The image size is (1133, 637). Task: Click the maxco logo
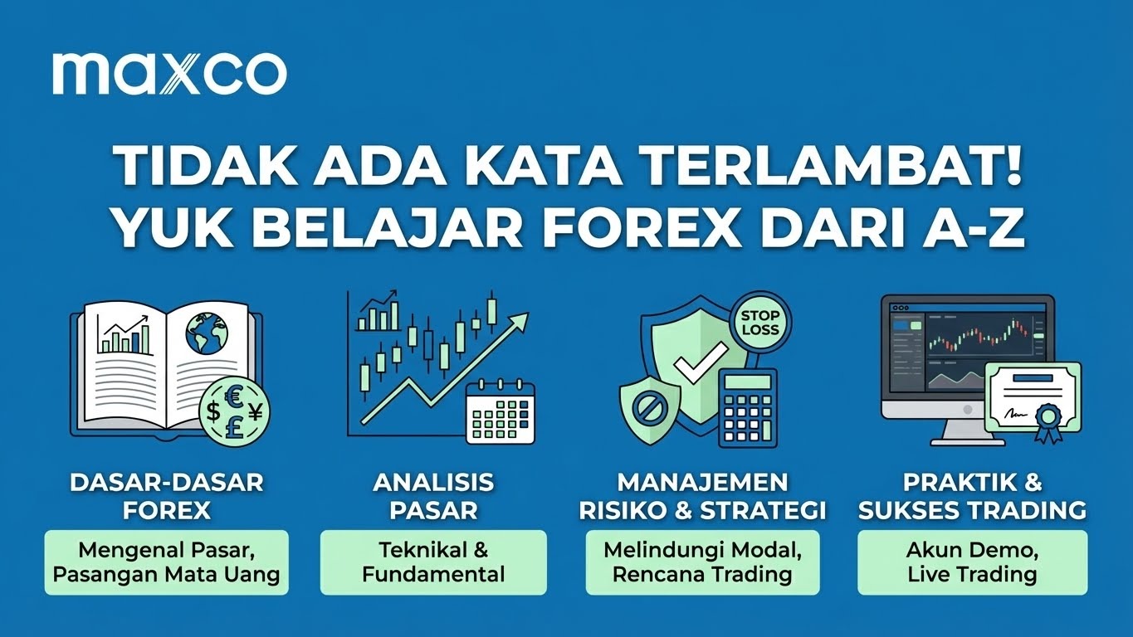point(169,73)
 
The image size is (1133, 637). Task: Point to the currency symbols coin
point(235,408)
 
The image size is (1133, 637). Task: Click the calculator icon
point(748,407)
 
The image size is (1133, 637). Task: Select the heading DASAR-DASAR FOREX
point(167,496)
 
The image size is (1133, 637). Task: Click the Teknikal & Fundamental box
point(433,562)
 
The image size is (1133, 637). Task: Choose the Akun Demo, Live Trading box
point(972,562)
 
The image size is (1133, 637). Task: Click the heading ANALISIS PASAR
point(433,496)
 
